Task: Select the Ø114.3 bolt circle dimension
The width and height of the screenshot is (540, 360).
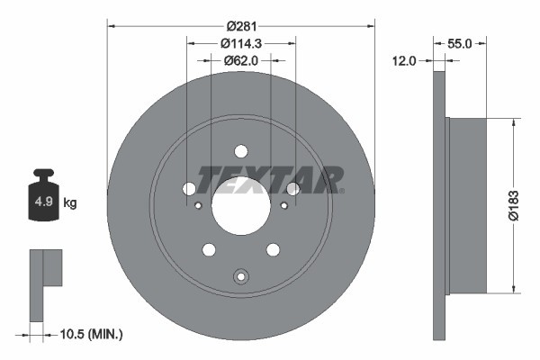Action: (240, 44)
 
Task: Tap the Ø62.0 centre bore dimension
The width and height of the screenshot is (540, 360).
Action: (240, 61)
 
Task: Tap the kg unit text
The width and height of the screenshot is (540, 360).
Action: (70, 203)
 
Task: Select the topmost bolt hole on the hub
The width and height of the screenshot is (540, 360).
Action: (240, 151)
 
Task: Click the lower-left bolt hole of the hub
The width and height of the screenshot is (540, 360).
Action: (209, 249)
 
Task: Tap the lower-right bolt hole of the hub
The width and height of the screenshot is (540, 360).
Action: (272, 249)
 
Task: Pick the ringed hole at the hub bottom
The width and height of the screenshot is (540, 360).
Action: (240, 277)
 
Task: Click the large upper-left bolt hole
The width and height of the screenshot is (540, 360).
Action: (189, 188)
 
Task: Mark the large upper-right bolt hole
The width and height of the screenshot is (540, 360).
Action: (292, 188)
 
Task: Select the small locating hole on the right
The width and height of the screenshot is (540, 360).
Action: (283, 205)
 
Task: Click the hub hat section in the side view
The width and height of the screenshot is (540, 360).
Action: (467, 204)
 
